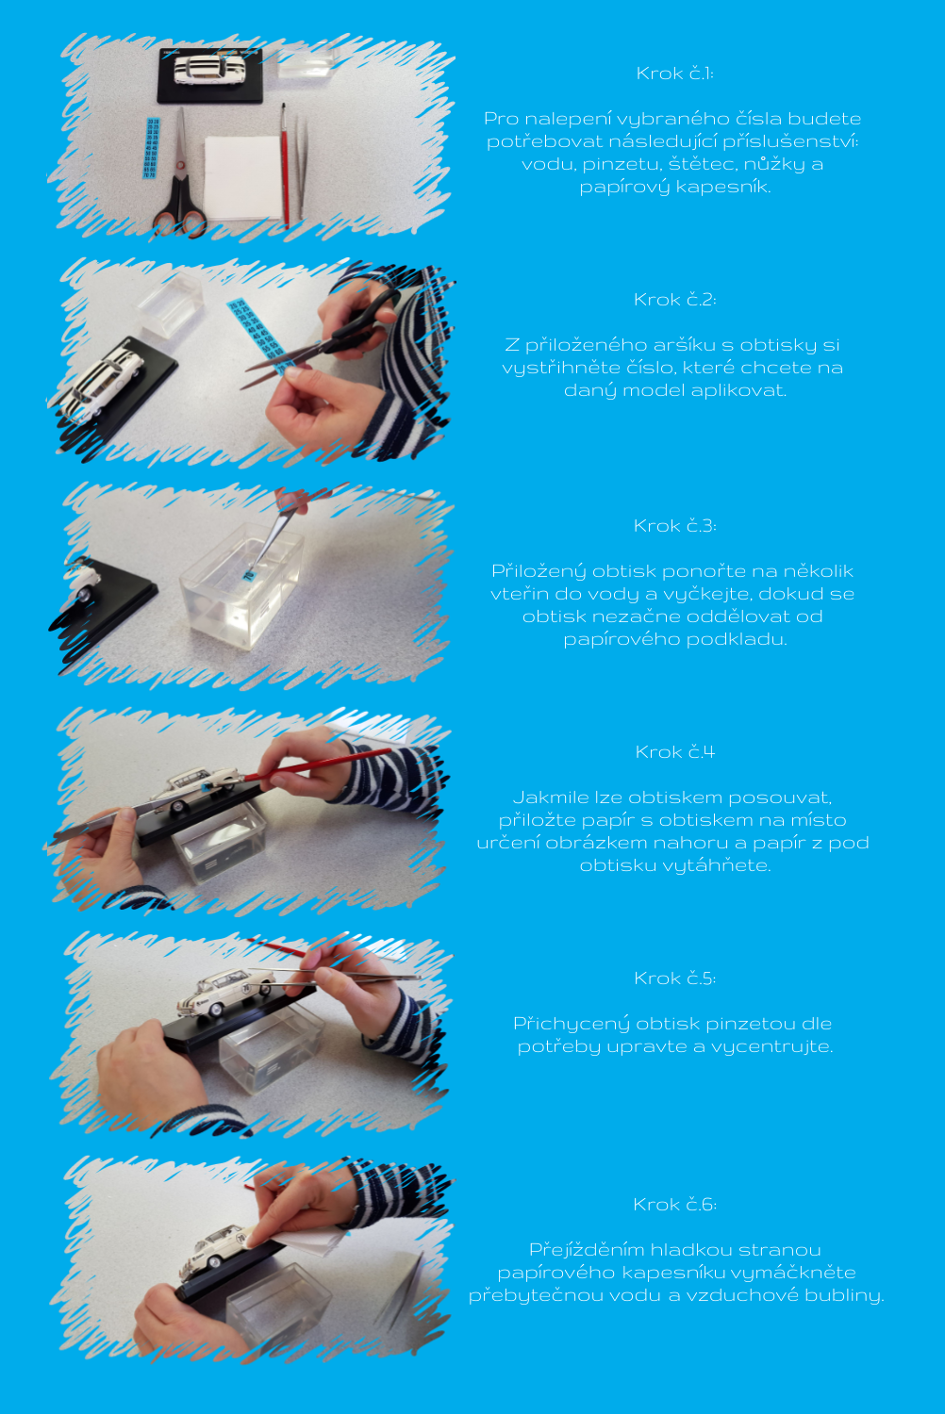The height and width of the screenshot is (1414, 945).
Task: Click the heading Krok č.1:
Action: click(x=674, y=74)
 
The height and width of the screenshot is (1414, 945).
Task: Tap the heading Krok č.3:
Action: click(x=674, y=526)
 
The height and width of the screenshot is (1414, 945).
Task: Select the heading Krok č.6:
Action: click(x=674, y=1205)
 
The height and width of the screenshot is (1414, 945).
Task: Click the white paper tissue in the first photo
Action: click(x=242, y=177)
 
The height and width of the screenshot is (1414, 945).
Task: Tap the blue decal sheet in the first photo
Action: click(x=152, y=148)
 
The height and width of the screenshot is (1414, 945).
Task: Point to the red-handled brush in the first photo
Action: click(x=285, y=165)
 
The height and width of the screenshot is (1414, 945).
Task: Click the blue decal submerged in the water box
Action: click(x=249, y=574)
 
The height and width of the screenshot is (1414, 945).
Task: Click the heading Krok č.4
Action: click(x=674, y=752)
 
